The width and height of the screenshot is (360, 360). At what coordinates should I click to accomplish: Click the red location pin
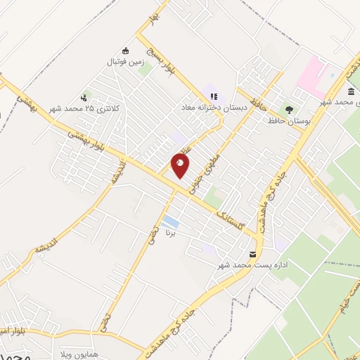pyautogui.click(x=181, y=165)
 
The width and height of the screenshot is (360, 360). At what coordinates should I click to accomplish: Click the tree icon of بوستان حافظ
pyautogui.click(x=289, y=108)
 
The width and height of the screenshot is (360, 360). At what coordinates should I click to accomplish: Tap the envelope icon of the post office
pyautogui.click(x=252, y=253)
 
